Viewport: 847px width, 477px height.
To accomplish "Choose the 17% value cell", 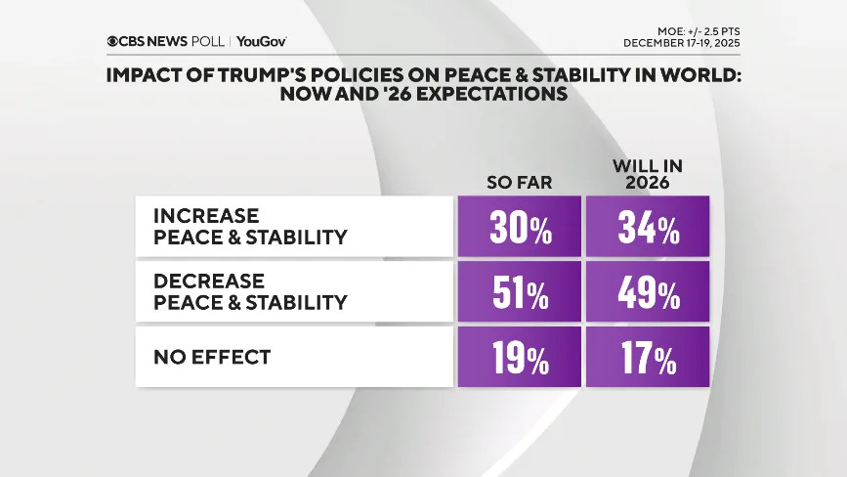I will coord(647,358).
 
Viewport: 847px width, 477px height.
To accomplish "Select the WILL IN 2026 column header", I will coord(647,173).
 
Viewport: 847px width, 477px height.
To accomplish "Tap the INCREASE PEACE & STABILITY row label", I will coord(250,226).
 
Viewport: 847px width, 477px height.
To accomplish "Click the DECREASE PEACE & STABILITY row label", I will coord(250,291).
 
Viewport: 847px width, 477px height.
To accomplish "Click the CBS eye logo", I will coord(113,41).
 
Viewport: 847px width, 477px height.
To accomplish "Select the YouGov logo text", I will coord(261,41).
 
